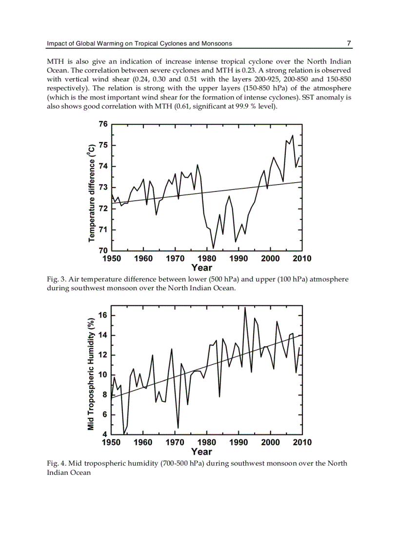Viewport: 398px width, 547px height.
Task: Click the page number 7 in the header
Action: (349, 43)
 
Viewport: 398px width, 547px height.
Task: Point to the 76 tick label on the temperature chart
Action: (103, 124)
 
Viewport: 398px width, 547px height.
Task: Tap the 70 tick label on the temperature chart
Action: (103, 250)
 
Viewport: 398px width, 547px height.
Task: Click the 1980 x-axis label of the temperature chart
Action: (207, 259)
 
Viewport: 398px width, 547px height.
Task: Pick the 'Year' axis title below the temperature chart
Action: (202, 268)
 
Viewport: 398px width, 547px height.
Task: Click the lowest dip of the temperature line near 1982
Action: (213, 248)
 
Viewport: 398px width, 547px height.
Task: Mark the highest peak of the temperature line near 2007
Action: (292, 135)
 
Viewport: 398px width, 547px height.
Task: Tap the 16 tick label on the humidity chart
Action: (103, 315)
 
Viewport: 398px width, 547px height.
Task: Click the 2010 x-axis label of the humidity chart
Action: (302, 442)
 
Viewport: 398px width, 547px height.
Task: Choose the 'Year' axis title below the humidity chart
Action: (202, 452)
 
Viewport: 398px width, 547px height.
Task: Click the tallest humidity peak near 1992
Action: (245, 307)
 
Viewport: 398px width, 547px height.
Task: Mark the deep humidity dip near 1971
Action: (178, 428)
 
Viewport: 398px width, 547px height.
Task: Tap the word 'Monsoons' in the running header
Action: (217, 43)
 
